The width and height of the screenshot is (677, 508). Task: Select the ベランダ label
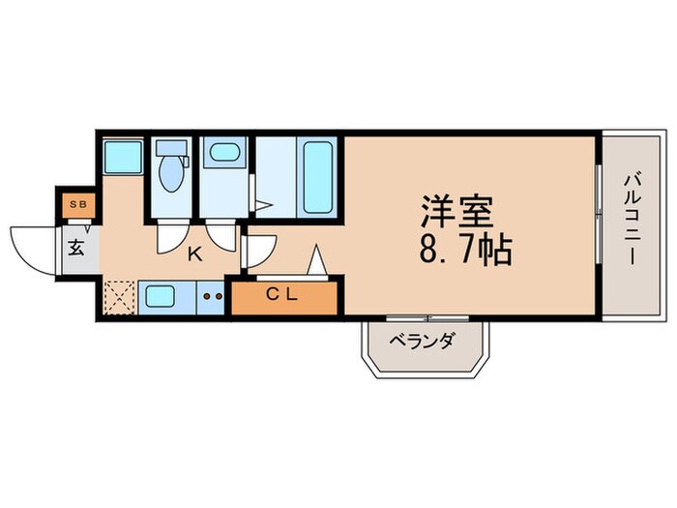[421, 342]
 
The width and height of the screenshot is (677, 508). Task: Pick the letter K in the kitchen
[193, 254]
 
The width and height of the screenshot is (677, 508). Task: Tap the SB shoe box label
[75, 205]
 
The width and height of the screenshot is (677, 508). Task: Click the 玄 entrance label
[75, 246]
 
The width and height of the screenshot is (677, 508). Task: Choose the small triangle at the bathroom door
[264, 205]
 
